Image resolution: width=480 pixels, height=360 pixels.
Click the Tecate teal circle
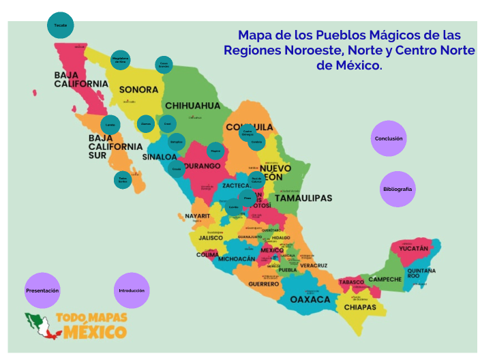60,26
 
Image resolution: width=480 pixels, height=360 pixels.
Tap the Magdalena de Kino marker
120,59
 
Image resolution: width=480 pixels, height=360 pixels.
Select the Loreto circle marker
110,125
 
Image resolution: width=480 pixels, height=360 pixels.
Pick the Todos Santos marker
123,180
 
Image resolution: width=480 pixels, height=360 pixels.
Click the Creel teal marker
168,124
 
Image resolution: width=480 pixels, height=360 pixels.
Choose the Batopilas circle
177,142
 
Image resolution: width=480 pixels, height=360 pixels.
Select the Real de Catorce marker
256,180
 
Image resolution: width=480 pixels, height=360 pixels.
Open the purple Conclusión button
389,138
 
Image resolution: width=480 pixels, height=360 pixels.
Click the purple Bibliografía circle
397,189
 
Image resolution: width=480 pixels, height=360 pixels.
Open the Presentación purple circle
42,290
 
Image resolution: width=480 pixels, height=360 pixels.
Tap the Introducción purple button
132,290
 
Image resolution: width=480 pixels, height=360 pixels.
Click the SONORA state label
139,89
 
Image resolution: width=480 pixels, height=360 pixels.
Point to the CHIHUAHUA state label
193,106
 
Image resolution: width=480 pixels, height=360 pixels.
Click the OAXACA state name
310,299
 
